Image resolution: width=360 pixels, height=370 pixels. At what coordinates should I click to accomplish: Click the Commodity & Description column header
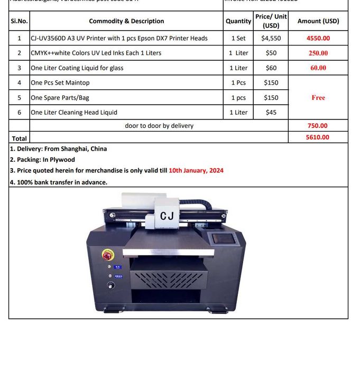[x=126, y=21]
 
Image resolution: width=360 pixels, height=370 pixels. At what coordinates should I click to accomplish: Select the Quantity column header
[x=238, y=21]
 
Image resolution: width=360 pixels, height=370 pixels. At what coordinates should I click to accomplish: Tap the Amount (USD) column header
[x=318, y=21]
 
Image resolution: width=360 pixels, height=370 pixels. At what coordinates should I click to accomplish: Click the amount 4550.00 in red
[x=318, y=38]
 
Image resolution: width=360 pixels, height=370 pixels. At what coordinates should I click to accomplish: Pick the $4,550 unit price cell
[x=271, y=38]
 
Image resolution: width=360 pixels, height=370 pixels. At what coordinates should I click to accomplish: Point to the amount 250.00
[x=318, y=53]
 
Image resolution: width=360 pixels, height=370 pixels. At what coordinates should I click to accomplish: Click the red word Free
[x=318, y=97]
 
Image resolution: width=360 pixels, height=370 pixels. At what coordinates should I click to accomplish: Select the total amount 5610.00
[x=317, y=137]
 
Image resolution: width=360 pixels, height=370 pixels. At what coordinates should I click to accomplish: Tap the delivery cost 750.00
[x=317, y=126]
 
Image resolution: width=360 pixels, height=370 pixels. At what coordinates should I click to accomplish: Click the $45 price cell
[x=271, y=112]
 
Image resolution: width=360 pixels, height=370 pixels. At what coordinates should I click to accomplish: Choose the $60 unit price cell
[x=271, y=68]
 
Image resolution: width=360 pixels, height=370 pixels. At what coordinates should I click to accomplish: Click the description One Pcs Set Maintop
[x=60, y=82]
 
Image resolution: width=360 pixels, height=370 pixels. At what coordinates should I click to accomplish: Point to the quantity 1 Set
[x=238, y=38]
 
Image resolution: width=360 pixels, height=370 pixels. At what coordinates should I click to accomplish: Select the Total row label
[x=19, y=138]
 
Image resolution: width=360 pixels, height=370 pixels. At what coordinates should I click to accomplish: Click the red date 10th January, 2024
[x=196, y=170]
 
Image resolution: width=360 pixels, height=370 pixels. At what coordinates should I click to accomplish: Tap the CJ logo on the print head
[x=167, y=216]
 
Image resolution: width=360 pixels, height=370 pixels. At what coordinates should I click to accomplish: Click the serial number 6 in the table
[x=19, y=112]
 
